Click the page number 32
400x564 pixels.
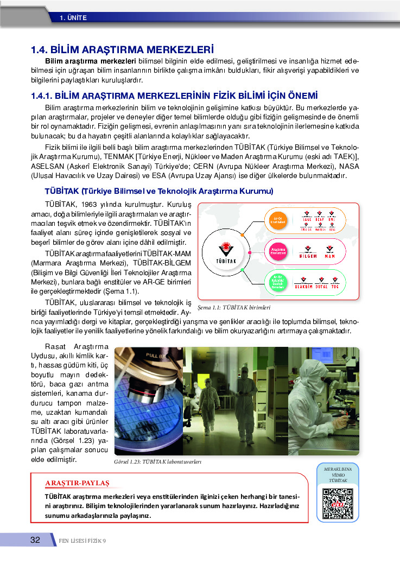(35, 540)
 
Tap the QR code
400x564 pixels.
(337, 504)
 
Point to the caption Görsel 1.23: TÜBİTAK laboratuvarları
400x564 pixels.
(158, 461)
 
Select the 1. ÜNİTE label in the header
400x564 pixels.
(73, 17)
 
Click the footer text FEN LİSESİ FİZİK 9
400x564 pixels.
(82, 540)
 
